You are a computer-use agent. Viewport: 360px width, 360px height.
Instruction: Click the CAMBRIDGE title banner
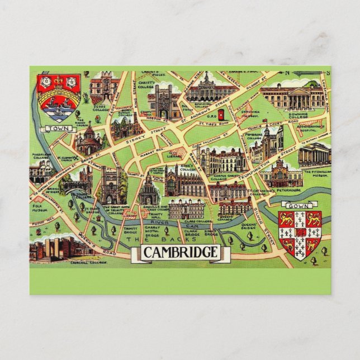(179, 252)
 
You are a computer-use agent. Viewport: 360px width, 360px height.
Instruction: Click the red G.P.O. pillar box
(221, 115)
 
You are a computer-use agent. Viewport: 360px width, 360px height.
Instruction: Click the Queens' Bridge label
(250, 226)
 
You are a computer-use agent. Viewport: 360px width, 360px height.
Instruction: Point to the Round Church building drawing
(89, 140)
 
